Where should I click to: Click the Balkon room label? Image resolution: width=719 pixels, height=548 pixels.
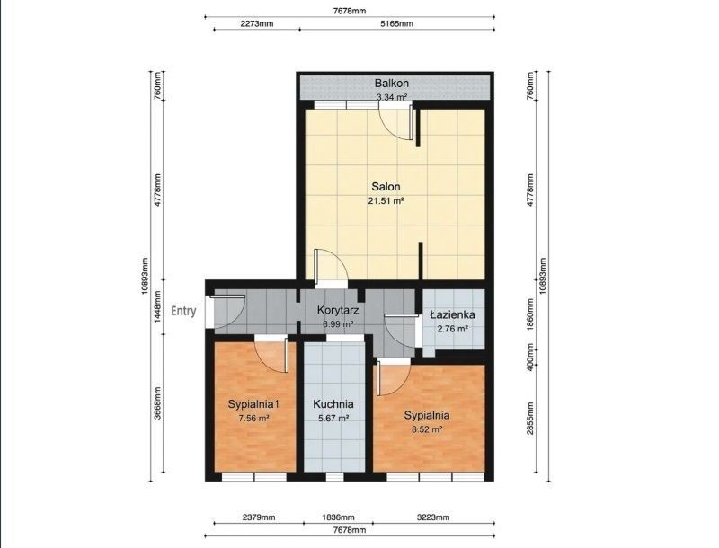[x=391, y=84]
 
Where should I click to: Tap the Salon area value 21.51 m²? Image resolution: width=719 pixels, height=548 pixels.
[x=386, y=200]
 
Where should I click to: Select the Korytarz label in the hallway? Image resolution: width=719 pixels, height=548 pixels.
[x=338, y=310]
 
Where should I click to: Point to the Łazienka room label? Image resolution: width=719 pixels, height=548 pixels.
[x=452, y=314]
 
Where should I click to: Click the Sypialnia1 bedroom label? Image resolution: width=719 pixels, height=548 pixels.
[x=253, y=404]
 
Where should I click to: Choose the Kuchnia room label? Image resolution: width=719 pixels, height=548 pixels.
[x=333, y=404]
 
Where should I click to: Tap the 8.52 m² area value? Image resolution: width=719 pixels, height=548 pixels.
[x=427, y=429]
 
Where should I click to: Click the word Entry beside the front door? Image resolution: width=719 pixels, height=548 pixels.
[x=183, y=311]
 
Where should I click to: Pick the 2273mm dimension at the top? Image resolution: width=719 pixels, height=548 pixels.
[x=257, y=23]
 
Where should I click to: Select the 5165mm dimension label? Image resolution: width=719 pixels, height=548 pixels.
[x=396, y=23]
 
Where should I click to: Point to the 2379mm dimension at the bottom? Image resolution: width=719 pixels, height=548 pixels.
[x=259, y=517]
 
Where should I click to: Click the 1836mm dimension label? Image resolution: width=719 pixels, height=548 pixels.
[x=338, y=517]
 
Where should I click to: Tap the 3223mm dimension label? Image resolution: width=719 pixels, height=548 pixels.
[x=433, y=517]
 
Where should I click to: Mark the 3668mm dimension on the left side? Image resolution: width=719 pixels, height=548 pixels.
[x=157, y=403]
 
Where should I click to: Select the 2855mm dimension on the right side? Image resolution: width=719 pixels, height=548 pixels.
[x=530, y=419]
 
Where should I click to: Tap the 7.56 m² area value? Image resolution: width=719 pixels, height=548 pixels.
[x=253, y=418]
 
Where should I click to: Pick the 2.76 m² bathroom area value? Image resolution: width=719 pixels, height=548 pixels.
[x=452, y=329]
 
